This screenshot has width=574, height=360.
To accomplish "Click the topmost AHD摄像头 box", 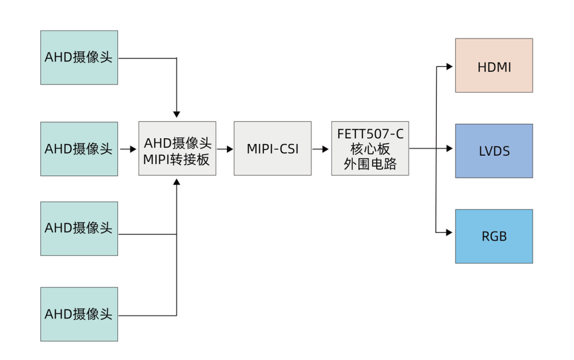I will pyautogui.click(x=79, y=57).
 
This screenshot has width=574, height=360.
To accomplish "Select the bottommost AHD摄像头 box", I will pyautogui.click(x=79, y=314).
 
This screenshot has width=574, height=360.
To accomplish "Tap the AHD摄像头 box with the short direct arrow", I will pyautogui.click(x=79, y=149).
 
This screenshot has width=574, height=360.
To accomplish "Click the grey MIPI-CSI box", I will pyautogui.click(x=272, y=149).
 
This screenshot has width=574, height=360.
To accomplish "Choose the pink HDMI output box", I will pyautogui.click(x=494, y=65).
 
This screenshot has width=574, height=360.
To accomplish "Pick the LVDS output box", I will pyautogui.click(x=494, y=151).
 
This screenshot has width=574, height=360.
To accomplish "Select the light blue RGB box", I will pyautogui.click(x=494, y=236).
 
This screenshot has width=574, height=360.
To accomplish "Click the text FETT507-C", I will pyautogui.click(x=370, y=134).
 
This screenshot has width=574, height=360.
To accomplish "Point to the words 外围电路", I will pyautogui.click(x=370, y=164).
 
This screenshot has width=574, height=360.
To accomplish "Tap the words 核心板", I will pyautogui.click(x=370, y=149).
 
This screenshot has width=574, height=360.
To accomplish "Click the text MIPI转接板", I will pyautogui.click(x=176, y=158).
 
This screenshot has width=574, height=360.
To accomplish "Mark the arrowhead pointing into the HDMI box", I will pyautogui.click(x=450, y=66).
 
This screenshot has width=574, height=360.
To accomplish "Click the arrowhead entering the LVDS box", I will pyautogui.click(x=450, y=149).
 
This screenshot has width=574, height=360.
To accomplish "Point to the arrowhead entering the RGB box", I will pyautogui.click(x=450, y=232).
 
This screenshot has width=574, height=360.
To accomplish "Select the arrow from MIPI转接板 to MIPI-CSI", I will pyautogui.click(x=225, y=149).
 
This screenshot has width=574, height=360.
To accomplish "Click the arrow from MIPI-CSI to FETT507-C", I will pyautogui.click(x=321, y=149).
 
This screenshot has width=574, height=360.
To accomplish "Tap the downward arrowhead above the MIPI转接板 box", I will pyautogui.click(x=176, y=114).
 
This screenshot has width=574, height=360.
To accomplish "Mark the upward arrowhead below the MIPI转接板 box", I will pyautogui.click(x=176, y=182).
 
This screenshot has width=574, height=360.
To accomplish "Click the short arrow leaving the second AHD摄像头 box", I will pyautogui.click(x=128, y=149).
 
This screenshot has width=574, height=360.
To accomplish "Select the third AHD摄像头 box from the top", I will pyautogui.click(x=79, y=229).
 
